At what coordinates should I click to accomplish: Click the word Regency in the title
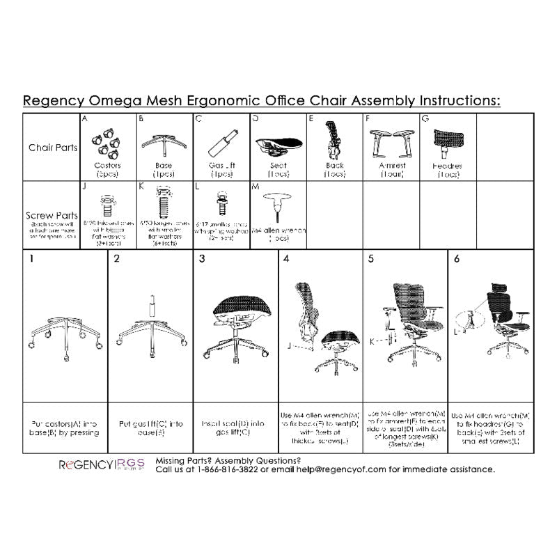pyautogui.click(x=52, y=100)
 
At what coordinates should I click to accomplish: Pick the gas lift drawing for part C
pyautogui.click(x=220, y=146)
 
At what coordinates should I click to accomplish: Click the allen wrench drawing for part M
pyautogui.click(x=278, y=205)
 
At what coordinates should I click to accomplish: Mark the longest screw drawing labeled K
pyautogui.click(x=164, y=206)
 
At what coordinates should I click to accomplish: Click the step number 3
pyautogui.click(x=202, y=259)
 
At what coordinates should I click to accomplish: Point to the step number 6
pyautogui.click(x=456, y=259)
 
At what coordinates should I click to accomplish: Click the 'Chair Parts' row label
pyautogui.click(x=52, y=148)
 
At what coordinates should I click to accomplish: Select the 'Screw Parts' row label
pyautogui.click(x=52, y=216)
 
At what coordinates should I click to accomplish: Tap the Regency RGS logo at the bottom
pyautogui.click(x=100, y=464)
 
